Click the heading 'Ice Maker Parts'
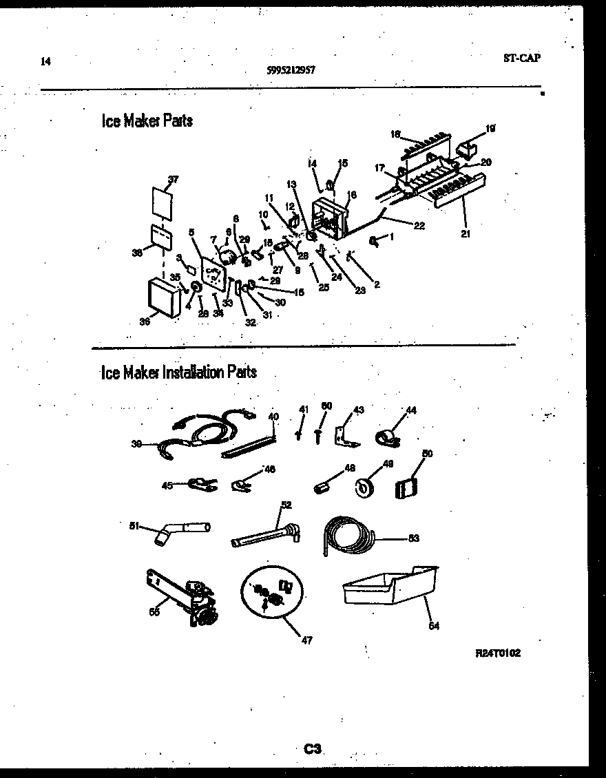tap(147, 121)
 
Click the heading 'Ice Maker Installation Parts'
tap(178, 372)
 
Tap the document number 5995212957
tap(291, 70)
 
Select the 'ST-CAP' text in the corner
tap(521, 58)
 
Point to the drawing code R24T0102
tap(497, 653)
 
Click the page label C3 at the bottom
tap(313, 748)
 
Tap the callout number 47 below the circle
tap(306, 641)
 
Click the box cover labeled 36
tap(165, 297)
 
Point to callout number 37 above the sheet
tap(173, 180)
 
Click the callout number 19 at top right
tap(490, 128)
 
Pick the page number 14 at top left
tap(45, 61)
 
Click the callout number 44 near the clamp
tap(411, 410)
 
